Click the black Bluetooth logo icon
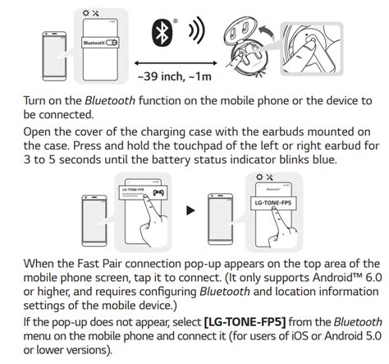point(162,32)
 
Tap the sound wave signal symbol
point(197,30)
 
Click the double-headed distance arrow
point(176,63)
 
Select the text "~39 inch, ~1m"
point(175,76)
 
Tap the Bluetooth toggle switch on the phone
point(112,43)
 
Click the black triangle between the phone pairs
point(190,210)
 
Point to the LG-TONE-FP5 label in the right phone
point(273,203)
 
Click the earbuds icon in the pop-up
point(158,193)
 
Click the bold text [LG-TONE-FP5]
point(245,322)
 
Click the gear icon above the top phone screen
point(86,13)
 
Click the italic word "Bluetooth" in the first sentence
point(110,101)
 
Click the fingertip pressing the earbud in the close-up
point(309,44)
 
